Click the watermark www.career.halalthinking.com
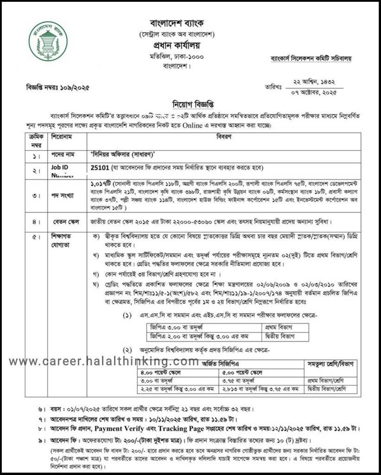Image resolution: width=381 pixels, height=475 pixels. [104, 361]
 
